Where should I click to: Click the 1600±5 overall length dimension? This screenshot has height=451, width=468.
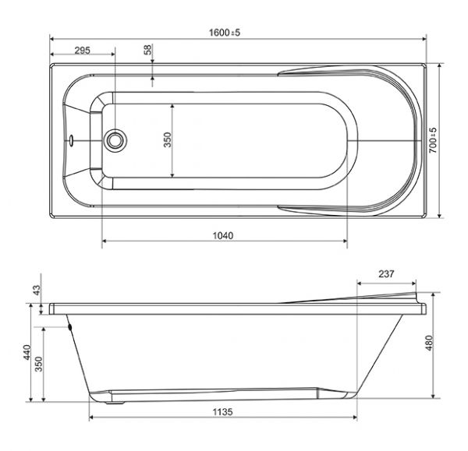pos(225,32)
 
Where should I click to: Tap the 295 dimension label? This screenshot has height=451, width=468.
pos(82,51)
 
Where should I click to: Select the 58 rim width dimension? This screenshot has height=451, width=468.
pos(147,50)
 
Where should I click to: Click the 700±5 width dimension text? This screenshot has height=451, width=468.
pos(432,140)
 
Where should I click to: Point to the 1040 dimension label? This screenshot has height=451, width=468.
pos(223,236)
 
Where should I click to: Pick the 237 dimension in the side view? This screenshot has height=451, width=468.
pos(386,273)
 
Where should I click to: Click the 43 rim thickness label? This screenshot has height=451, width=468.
pos(36,290)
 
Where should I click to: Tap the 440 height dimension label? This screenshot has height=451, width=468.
pos(27,352)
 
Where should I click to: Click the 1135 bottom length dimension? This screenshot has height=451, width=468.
pos(222,412)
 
